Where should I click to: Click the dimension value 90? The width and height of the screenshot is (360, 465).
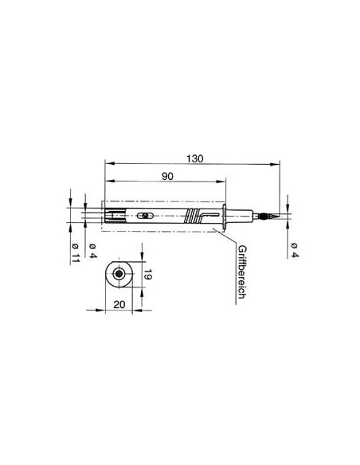tap(168, 177)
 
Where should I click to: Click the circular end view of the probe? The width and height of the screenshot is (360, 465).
tap(119, 275)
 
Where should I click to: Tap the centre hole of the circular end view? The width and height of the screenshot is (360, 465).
tap(119, 275)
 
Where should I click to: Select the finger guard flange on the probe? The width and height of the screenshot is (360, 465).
tap(229, 216)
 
